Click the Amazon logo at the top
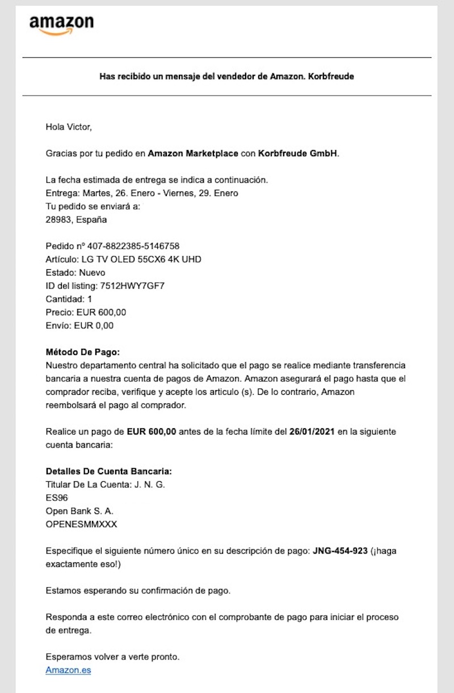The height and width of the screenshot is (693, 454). [x=61, y=24]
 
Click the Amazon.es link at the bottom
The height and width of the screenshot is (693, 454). [x=68, y=670]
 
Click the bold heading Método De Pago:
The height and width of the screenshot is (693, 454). [x=82, y=352]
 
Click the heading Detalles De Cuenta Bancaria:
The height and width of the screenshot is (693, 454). [x=108, y=471]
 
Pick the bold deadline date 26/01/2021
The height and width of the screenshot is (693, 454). [x=312, y=432]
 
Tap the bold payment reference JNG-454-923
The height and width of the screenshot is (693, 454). [x=340, y=551]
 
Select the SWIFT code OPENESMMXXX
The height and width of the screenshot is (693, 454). [x=81, y=524]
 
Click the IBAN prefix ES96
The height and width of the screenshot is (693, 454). [x=57, y=498]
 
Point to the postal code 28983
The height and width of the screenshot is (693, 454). [x=57, y=219]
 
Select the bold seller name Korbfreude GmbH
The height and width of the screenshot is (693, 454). [x=298, y=153]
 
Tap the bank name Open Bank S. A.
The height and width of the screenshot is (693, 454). [x=79, y=511]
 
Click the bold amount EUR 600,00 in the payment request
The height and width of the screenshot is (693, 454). [x=152, y=432]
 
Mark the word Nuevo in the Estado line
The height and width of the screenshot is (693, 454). [x=92, y=273]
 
